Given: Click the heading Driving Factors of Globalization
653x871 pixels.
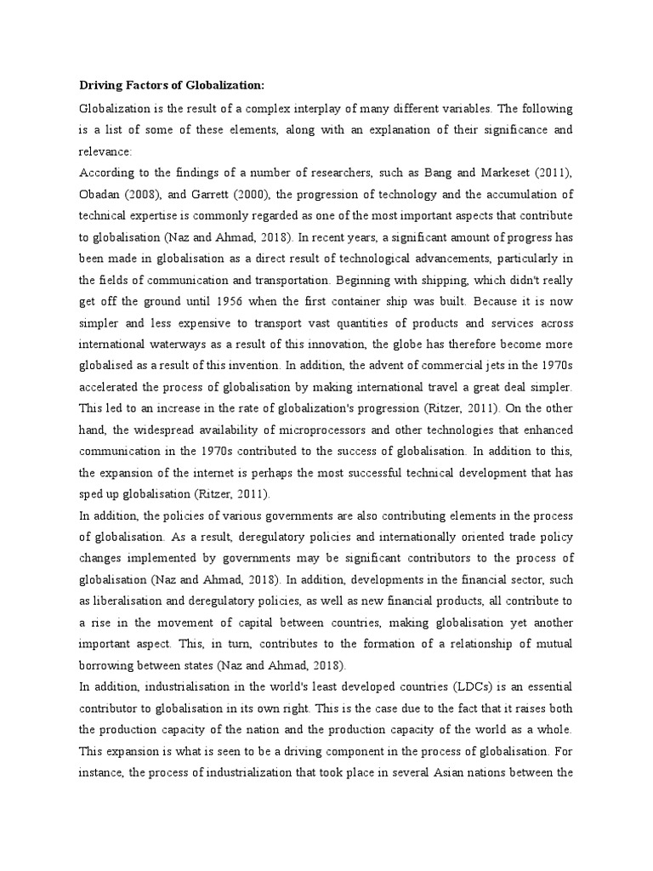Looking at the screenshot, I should [x=172, y=85].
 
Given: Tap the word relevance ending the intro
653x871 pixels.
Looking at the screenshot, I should [x=105, y=152].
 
